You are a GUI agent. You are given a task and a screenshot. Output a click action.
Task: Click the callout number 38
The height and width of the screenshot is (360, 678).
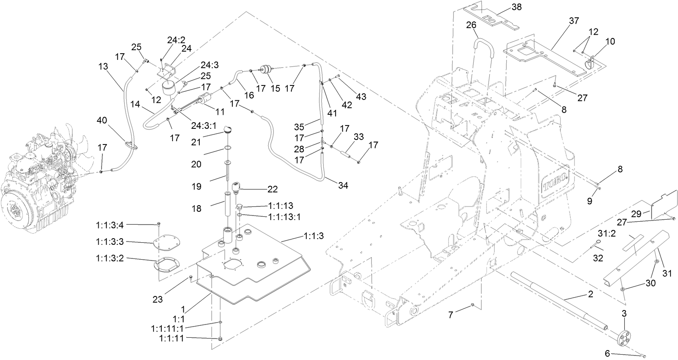pos(517,7)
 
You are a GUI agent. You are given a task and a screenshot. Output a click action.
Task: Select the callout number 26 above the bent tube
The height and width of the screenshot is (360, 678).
pos(471,25)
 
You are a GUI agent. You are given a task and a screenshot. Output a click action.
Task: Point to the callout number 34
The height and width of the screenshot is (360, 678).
pos(343,186)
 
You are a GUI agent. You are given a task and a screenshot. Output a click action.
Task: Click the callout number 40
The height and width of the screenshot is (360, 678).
pos(102,120)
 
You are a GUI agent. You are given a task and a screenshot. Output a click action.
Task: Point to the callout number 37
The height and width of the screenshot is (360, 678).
pos(574,21)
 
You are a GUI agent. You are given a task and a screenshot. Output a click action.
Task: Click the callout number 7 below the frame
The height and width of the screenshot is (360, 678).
pos(451,315)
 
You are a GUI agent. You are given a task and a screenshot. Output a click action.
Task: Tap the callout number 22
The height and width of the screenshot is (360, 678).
pos(273,189)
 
